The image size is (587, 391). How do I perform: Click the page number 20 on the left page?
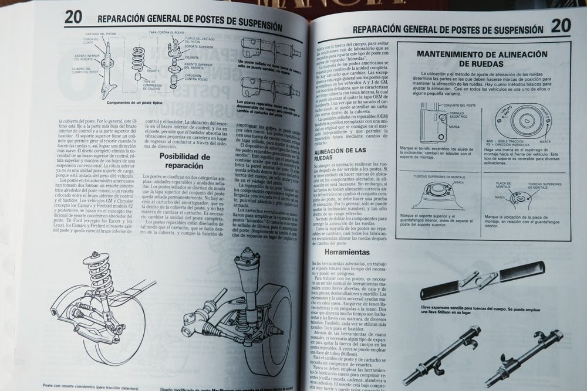click(73, 17)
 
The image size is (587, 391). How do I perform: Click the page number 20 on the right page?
click(561, 26)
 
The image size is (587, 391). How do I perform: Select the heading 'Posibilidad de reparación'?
click(184, 161)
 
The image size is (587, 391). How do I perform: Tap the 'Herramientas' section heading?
click(346, 252)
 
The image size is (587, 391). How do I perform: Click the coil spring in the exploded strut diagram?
click(138, 59)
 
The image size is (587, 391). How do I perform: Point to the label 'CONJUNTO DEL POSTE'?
click(459, 105)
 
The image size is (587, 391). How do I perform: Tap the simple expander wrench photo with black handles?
click(481, 280)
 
